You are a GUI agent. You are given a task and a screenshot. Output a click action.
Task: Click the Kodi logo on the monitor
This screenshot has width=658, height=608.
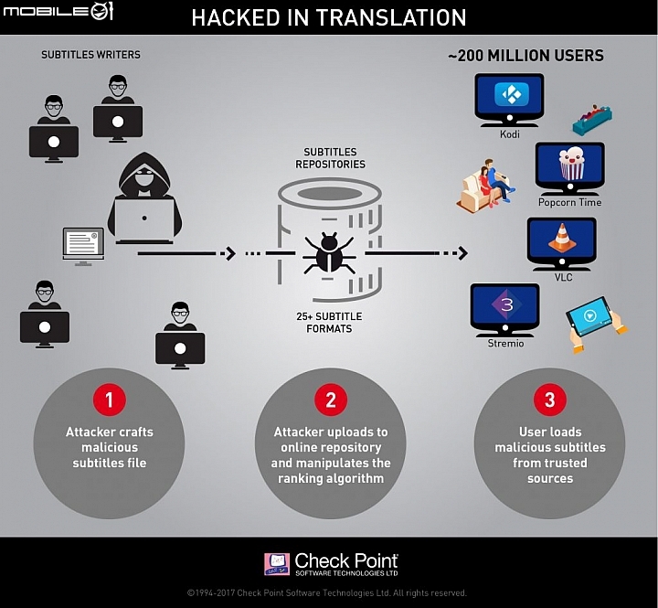point(509,94)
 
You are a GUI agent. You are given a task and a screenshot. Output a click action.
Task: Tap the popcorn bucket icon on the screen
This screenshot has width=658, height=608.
point(571,164)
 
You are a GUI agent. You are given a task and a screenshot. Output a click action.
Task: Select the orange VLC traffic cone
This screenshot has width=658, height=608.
point(561,238)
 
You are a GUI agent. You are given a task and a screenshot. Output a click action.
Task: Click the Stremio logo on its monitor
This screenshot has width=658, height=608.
point(506,304)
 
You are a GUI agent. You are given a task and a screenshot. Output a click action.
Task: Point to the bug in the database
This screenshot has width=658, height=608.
point(329,252)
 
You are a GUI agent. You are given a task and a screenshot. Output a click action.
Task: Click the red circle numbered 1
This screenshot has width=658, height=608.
point(109,400)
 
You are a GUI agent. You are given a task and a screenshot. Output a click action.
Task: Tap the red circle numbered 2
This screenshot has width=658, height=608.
point(331,400)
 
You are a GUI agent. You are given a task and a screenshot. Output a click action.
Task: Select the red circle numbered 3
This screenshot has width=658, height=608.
point(550,400)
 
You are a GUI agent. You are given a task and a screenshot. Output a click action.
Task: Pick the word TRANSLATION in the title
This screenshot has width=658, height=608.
point(391,17)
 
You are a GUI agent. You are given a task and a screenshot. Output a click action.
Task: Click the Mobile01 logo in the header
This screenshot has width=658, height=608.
point(58,11)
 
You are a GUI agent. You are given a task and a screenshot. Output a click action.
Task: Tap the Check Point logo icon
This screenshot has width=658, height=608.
point(277,564)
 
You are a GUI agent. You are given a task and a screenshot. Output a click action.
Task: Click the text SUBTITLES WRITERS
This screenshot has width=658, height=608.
point(90,55)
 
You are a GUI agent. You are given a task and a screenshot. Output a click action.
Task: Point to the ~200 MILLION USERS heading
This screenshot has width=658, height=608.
point(525,56)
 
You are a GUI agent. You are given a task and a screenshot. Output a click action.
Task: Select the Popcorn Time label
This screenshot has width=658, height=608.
point(569,202)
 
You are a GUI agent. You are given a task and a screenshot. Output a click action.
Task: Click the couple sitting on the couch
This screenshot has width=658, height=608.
point(486,185)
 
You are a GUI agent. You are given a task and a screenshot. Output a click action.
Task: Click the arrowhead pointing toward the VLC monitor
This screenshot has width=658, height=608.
point(462,253)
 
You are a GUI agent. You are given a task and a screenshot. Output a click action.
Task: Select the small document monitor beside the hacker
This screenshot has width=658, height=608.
point(83,247)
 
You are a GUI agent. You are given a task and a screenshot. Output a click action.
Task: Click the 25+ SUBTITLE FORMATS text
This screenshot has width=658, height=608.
point(329,323)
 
